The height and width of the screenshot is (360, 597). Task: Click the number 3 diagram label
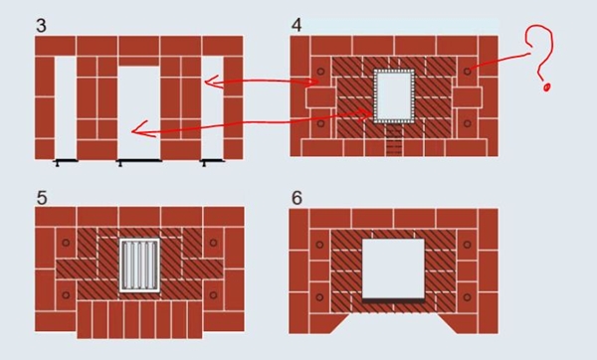pyautogui.click(x=41, y=26)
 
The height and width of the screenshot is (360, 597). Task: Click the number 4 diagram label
pyautogui.click(x=297, y=25)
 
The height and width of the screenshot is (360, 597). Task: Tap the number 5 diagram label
pyautogui.click(x=42, y=198)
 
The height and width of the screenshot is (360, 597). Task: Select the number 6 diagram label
pyautogui.click(x=297, y=198)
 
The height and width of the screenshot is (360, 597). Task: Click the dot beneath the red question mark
pyautogui.click(x=546, y=88)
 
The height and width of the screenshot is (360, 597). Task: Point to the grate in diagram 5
pyautogui.click(x=139, y=266)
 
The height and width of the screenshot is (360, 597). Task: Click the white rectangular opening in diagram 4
pyautogui.click(x=394, y=95)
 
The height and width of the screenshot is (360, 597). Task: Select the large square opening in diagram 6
pyautogui.click(x=393, y=269)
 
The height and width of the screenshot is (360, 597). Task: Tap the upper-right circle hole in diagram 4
pyautogui.click(x=468, y=72)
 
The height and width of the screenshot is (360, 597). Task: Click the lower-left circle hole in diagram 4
pyautogui.click(x=320, y=123)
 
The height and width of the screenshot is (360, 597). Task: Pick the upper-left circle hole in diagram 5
pyautogui.click(x=66, y=243)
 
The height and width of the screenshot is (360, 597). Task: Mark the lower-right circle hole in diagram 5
pyautogui.click(x=213, y=295)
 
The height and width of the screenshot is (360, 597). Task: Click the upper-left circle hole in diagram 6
pyautogui.click(x=319, y=245)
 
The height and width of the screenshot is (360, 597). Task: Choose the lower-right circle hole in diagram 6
pyautogui.click(x=468, y=296)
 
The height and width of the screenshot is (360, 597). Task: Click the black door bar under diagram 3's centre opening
pyautogui.click(x=139, y=161)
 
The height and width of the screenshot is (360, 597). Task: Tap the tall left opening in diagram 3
pyautogui.click(x=66, y=107)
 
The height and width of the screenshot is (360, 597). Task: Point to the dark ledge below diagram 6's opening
pyautogui.click(x=393, y=300)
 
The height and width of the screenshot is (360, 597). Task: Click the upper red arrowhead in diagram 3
pyautogui.click(x=212, y=82)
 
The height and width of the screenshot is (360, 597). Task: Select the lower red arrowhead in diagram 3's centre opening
pyautogui.click(x=138, y=129)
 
